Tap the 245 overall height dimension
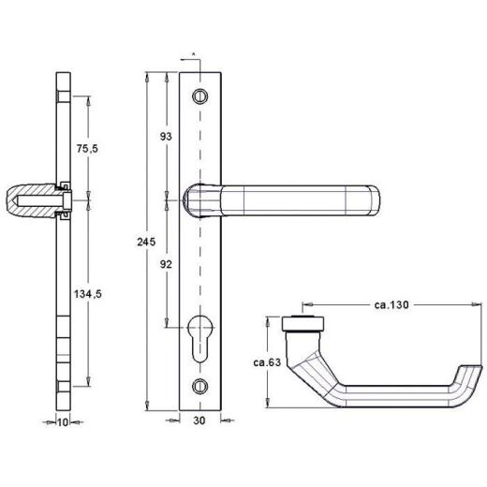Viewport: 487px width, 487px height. pos(144,242)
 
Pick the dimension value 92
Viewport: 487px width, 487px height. pos(167,264)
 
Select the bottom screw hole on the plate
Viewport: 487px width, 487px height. pos(199,384)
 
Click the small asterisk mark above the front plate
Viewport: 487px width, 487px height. pos(192,57)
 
